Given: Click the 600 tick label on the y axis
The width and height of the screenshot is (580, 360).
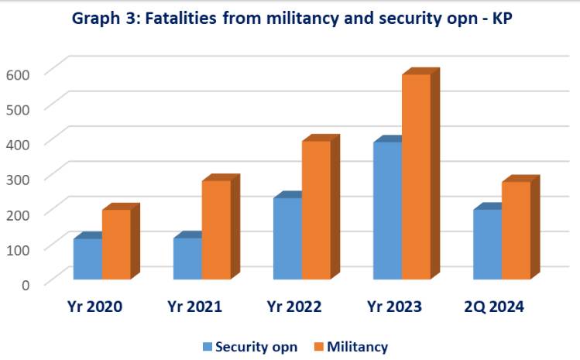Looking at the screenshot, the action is pyautogui.click(x=18, y=75).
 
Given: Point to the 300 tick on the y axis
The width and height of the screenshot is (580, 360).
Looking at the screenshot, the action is pyautogui.click(x=18, y=180).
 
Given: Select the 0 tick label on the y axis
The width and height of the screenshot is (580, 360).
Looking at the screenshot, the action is pyautogui.click(x=25, y=285).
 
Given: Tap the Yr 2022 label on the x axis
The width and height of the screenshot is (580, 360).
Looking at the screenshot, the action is pyautogui.click(x=294, y=307).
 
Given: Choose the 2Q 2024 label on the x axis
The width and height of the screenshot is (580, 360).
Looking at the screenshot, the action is pyautogui.click(x=494, y=307).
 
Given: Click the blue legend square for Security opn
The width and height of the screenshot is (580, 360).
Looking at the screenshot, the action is pyautogui.click(x=208, y=347).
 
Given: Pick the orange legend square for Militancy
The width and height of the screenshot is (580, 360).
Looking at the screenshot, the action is pyautogui.click(x=319, y=347).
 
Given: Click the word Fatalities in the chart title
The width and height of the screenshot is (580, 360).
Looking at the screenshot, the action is pyautogui.click(x=180, y=18).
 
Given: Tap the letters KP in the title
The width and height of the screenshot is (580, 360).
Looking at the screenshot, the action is pyautogui.click(x=502, y=18).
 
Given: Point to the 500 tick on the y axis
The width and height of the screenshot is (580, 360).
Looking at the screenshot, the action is pyautogui.click(x=18, y=109).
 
